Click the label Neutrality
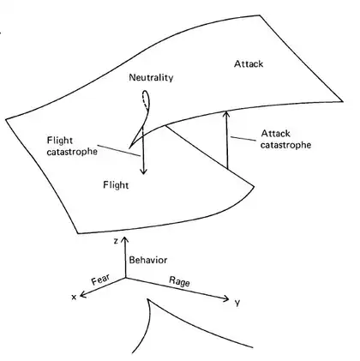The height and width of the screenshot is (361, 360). [151, 77]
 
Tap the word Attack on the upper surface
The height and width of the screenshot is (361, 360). [249, 63]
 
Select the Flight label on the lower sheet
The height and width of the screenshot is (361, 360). [116, 185]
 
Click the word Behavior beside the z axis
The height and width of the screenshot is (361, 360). [148, 260]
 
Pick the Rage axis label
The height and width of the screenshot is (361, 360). [179, 281]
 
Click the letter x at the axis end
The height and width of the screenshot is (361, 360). [74, 298]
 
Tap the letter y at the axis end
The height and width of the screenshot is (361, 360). [237, 303]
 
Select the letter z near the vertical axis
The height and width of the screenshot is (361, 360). [116, 241]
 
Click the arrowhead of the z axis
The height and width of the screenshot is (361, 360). [125, 239]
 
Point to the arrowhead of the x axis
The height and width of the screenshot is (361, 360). [83, 294]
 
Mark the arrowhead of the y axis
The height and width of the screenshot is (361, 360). [225, 298]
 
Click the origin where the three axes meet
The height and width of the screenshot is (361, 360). [125, 278]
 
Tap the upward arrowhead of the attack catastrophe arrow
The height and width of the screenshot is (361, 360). [226, 113]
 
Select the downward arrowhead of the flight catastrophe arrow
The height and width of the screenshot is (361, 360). [144, 171]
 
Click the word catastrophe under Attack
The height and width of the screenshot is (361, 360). [285, 145]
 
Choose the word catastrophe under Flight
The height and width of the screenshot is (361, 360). [72, 151]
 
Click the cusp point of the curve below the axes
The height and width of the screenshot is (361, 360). [148, 299]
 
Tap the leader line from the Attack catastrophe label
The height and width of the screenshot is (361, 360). [243, 139]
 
